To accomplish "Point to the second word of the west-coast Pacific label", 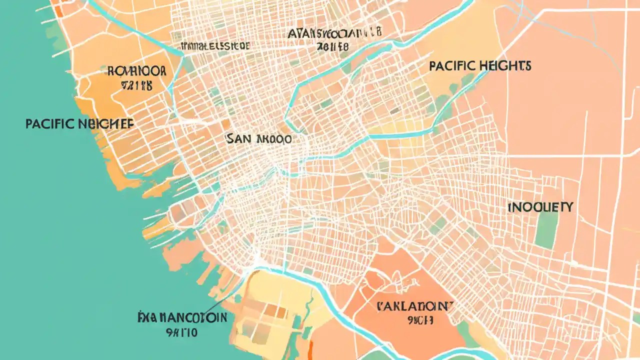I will [x=106, y=124].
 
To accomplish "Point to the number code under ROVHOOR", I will [x=136, y=85].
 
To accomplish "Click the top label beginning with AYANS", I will [x=334, y=34].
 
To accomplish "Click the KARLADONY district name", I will [x=414, y=305].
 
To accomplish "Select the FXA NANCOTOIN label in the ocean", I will [x=182, y=317].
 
